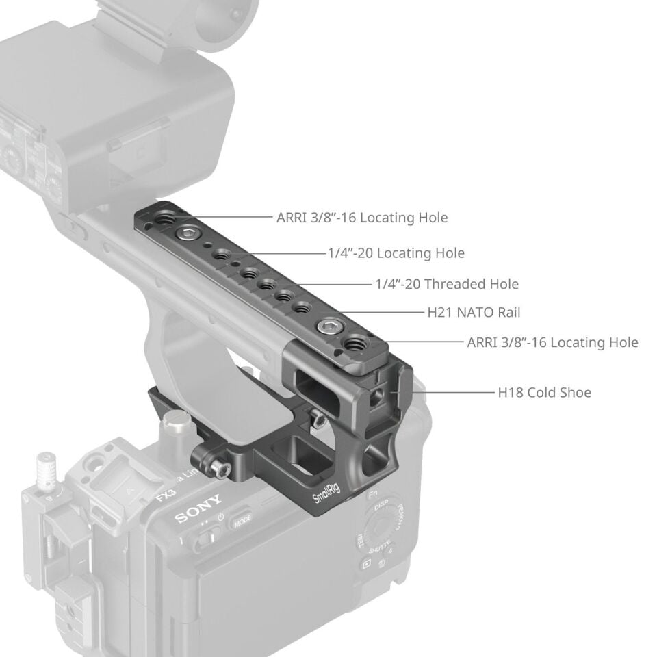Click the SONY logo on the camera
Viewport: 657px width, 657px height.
198,509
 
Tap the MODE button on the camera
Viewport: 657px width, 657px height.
242,519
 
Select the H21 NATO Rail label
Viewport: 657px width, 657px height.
474,313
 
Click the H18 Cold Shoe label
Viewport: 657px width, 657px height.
544,392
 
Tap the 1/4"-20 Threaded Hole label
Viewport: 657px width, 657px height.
447,283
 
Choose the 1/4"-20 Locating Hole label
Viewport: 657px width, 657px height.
396,253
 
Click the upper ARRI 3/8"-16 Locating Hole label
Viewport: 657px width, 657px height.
362,218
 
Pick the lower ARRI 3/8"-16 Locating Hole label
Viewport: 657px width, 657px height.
552,342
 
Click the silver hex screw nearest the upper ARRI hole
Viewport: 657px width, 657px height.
185,235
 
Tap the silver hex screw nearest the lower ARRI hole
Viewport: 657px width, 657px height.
326,328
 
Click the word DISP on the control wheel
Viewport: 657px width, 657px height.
381,509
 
